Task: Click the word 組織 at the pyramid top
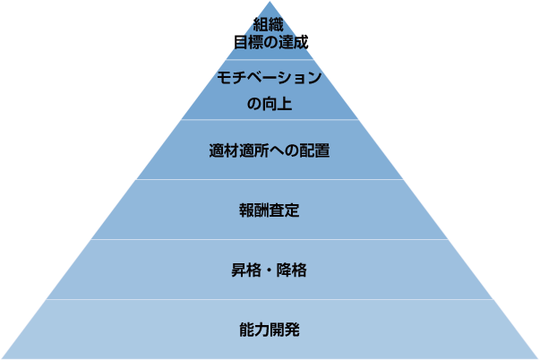click(269, 25)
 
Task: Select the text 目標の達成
click(270, 41)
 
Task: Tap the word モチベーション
click(270, 78)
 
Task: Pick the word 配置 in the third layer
click(316, 150)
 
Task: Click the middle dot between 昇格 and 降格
click(270, 270)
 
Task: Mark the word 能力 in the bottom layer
click(253, 329)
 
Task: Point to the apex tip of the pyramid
click(270, 3)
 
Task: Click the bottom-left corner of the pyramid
click(3, 357)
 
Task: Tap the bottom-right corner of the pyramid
click(536, 357)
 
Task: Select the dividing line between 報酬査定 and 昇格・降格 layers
click(270, 239)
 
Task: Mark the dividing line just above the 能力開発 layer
click(270, 299)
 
